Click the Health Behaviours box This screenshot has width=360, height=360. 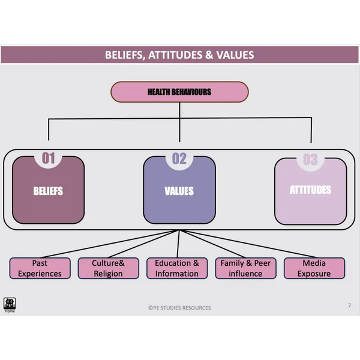tap(179, 92)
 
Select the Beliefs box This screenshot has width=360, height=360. tap(48, 190)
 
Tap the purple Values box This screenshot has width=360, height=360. tap(179, 190)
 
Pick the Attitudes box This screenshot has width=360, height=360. tap(310, 190)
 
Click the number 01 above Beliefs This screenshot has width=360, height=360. tap(48, 158)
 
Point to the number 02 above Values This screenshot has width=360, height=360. tap(179, 158)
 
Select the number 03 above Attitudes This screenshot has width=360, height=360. tap(310, 159)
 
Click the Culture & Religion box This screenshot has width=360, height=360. tap(108, 268)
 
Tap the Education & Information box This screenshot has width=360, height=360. tap(177, 268)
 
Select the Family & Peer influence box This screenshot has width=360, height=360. tap(245, 268)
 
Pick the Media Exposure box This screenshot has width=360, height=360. tap(314, 268)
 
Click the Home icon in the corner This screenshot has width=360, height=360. tap(10, 304)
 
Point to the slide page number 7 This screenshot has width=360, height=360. tap(349, 305)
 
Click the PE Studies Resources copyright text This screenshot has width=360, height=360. tap(180, 308)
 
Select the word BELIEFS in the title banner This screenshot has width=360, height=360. tap(125, 55)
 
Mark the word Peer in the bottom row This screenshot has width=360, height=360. tap(262, 263)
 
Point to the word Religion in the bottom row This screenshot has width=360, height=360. tap(108, 274)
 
